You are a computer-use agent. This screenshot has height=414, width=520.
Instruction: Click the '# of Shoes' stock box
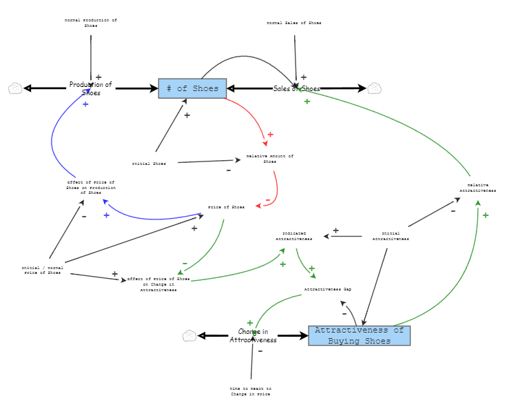tap(192, 88)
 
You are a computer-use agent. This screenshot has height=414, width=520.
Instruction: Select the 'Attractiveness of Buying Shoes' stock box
tap(359, 335)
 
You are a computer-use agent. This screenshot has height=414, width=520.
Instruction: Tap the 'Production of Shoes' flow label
tap(90, 88)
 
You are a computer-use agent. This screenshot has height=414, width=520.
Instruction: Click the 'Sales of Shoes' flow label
tap(296, 88)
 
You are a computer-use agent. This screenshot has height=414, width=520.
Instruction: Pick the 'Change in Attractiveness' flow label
tap(253, 336)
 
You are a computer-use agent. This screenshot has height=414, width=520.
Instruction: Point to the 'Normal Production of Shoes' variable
tap(90, 23)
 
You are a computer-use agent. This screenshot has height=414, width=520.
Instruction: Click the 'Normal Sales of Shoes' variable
tap(294, 23)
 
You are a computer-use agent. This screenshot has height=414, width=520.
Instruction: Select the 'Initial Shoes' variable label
tap(149, 164)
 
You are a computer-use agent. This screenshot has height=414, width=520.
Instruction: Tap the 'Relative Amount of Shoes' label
tap(270, 159)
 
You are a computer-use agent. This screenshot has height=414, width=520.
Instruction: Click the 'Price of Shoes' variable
tap(226, 207)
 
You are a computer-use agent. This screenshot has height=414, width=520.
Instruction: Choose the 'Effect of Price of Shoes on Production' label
tap(91, 187)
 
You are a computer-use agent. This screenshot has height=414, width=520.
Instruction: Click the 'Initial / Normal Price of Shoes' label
tap(43, 270)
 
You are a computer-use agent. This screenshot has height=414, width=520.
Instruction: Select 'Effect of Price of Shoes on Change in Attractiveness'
tap(158, 284)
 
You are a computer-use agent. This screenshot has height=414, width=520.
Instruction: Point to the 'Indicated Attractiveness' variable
tap(294, 236)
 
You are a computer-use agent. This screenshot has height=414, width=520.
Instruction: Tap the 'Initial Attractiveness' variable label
tap(391, 236)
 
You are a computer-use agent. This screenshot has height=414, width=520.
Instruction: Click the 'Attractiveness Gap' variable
tap(328, 289)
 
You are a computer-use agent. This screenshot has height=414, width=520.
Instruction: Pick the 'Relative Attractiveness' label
tap(478, 188)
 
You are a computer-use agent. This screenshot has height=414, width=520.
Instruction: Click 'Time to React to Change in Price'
tap(251, 391)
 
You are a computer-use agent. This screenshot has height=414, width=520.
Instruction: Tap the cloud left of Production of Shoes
tap(15, 88)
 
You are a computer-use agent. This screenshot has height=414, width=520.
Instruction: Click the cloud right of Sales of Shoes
tap(374, 88)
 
